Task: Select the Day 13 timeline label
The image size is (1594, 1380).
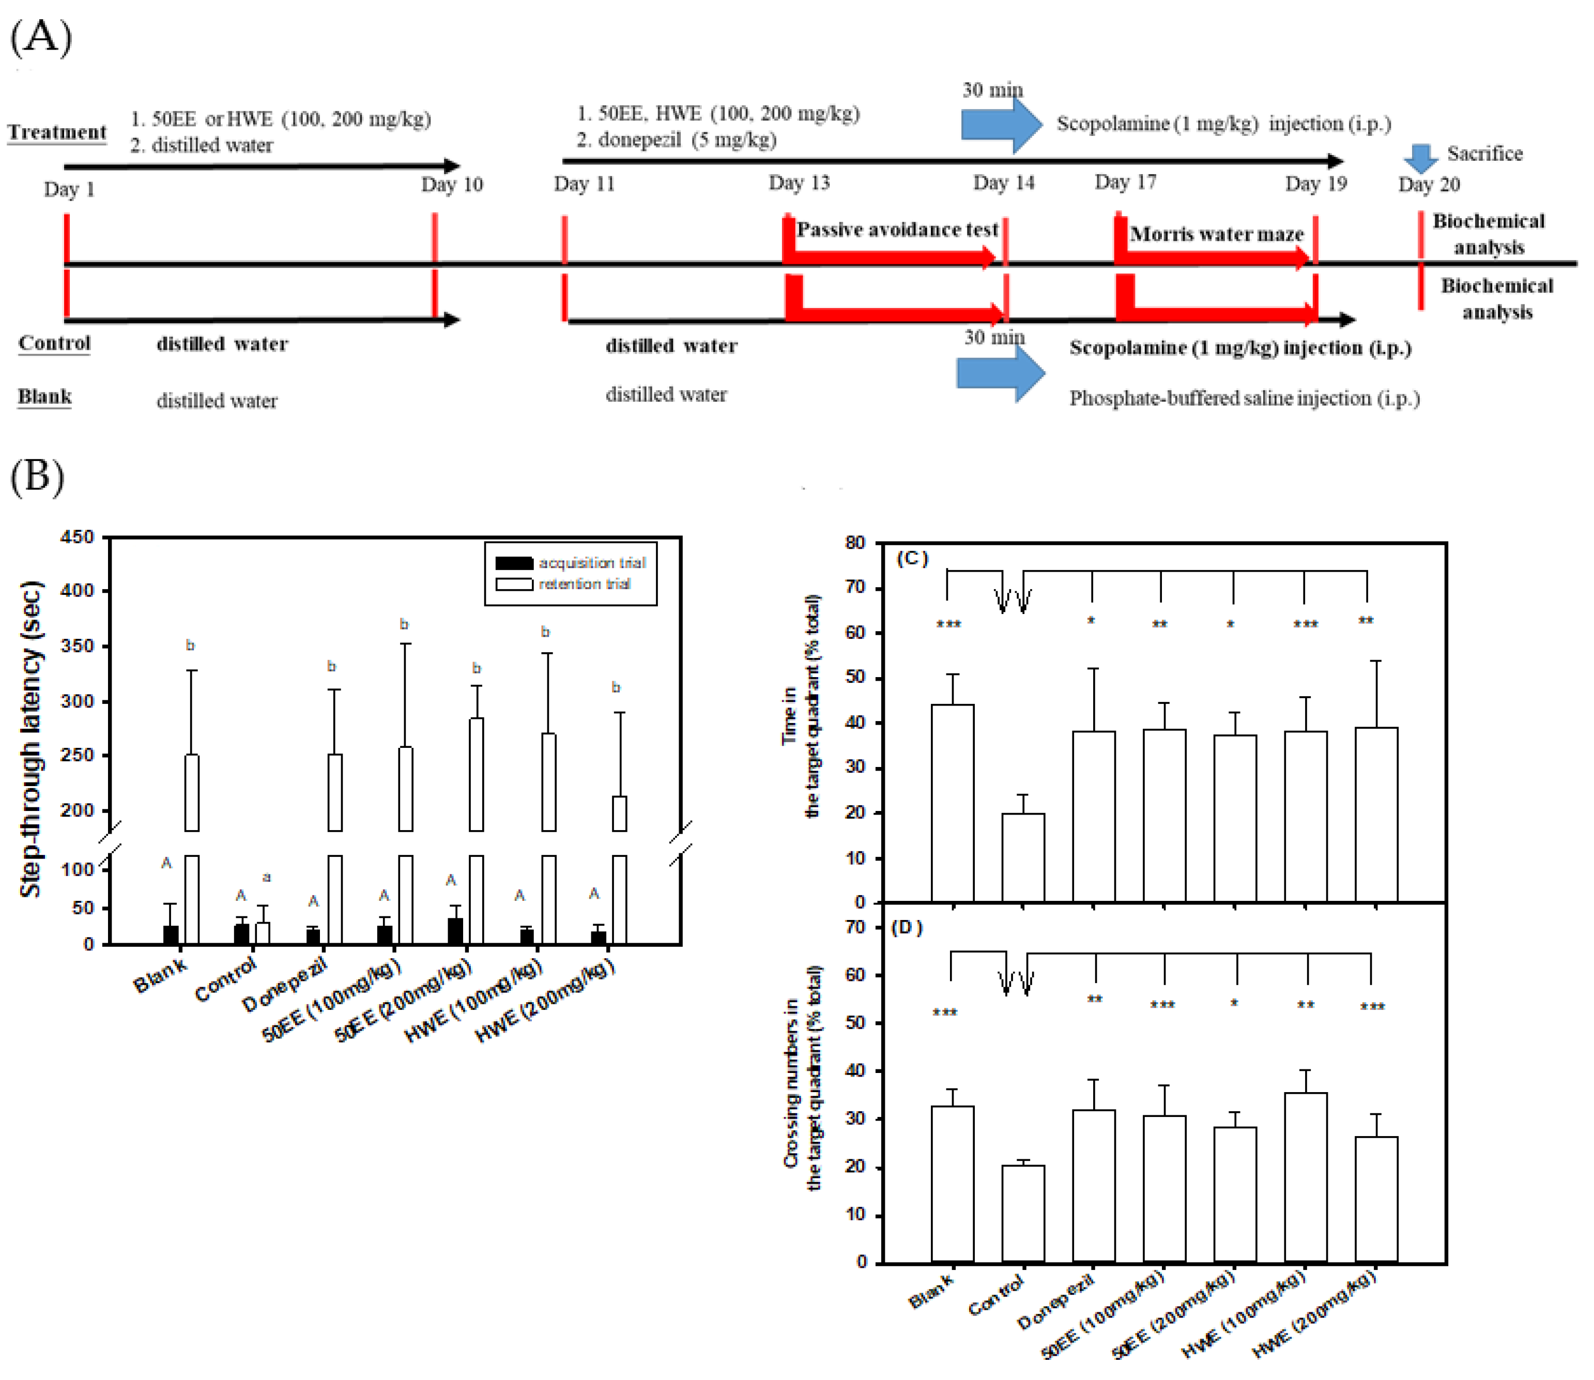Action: click(799, 182)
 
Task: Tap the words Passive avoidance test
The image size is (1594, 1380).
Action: click(897, 229)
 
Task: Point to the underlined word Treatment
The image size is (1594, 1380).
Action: click(57, 132)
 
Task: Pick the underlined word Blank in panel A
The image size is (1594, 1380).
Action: click(44, 396)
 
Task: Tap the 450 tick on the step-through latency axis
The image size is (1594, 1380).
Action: click(77, 536)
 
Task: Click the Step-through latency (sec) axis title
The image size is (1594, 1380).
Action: click(31, 739)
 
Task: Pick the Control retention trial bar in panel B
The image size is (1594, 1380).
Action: click(263, 932)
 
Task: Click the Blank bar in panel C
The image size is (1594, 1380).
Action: click(953, 803)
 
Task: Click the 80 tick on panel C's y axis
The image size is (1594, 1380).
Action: click(855, 543)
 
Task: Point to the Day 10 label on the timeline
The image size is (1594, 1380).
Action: click(451, 185)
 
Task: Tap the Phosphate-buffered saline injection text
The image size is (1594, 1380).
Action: click(1244, 398)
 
